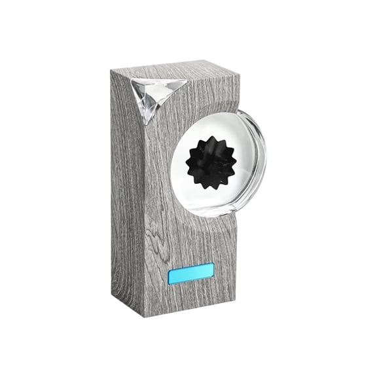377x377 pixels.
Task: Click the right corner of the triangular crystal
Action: (187, 83)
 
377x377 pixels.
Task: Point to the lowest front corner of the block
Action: (143, 317)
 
